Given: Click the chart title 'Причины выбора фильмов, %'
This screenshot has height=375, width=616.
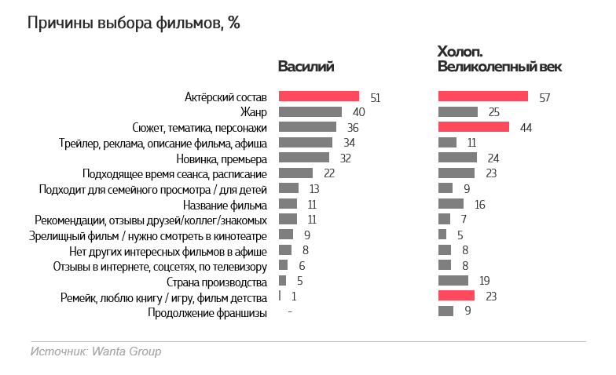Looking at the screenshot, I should click(134, 24).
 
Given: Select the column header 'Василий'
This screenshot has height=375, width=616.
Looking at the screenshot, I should click(306, 67).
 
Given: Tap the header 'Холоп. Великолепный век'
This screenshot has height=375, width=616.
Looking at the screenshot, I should click(499, 60).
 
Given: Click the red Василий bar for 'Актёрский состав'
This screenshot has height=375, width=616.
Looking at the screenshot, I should click(319, 96).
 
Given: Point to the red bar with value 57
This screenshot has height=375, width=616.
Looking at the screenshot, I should click(482, 96).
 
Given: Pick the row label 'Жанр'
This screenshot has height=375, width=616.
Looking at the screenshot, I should click(253, 112).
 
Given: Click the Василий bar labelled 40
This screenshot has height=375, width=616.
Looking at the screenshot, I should click(310, 112).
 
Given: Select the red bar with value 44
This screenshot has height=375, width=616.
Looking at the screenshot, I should click(473, 127).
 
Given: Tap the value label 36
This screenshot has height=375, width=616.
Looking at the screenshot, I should click(353, 128).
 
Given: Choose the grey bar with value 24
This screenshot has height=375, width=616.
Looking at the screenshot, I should click(457, 158).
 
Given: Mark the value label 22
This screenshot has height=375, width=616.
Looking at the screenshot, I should click(329, 173).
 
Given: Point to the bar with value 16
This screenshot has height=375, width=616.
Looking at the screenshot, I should click(451, 204).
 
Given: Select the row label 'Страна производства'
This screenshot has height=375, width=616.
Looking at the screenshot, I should click(217, 282).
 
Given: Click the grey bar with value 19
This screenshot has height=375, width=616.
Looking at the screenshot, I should click(453, 281).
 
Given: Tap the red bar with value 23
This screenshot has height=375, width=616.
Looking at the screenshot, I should click(456, 296).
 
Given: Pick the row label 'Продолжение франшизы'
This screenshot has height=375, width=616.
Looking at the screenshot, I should click(207, 312).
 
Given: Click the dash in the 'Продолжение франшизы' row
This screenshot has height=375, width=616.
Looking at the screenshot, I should click(290, 312).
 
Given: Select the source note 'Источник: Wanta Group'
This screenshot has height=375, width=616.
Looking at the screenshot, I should click(96, 351).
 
